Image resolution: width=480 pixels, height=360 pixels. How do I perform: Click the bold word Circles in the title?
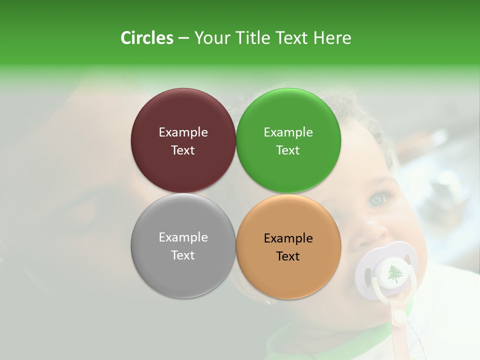click(x=146, y=38)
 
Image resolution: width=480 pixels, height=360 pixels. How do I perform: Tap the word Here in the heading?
click(x=332, y=38)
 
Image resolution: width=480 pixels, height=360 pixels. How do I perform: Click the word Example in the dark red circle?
click(x=183, y=132)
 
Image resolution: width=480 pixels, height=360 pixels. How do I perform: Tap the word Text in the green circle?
click(x=288, y=150)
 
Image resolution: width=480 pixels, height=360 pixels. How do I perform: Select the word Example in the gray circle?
click(x=183, y=237)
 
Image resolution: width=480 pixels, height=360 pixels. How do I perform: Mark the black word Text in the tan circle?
click(x=288, y=256)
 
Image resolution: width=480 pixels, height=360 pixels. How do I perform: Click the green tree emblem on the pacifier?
click(x=395, y=273)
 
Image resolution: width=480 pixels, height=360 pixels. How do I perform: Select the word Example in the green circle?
click(x=288, y=132)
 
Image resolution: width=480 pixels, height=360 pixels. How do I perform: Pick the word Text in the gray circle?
click(x=183, y=255)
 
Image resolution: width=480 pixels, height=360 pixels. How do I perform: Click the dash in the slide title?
click(x=183, y=38)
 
